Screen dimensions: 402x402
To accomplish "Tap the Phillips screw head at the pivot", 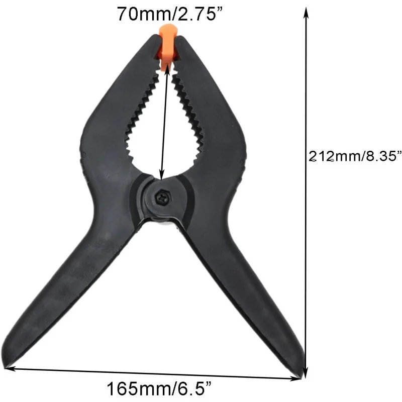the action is pyautogui.click(x=162, y=197).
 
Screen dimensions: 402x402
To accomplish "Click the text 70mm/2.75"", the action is pyautogui.click(x=170, y=14).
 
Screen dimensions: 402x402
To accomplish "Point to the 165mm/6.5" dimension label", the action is pyautogui.click(x=159, y=388).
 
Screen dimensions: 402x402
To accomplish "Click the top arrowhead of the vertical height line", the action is pyautogui.click(x=306, y=13).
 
